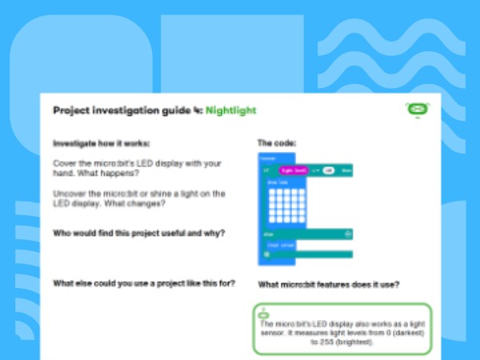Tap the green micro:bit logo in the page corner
[418, 110]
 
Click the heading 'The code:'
[276, 143]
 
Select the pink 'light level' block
[294, 170]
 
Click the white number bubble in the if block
[328, 170]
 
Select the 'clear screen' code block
[282, 245]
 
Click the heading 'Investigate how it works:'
[101, 144]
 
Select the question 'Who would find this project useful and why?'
[138, 234]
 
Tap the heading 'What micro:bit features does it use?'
[329, 284]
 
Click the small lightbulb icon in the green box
[262, 313]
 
